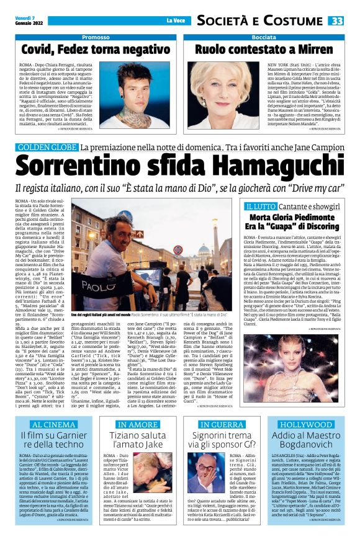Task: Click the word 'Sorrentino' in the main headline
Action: click(x=101, y=166)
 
